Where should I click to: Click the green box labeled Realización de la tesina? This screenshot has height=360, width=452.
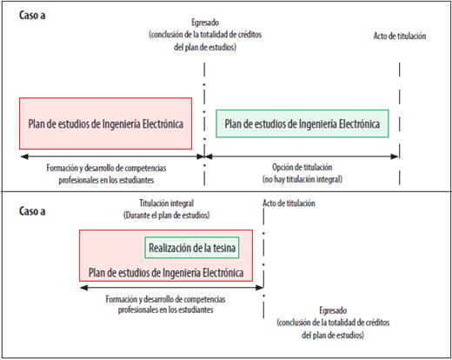192,248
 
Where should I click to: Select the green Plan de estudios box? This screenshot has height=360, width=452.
302,123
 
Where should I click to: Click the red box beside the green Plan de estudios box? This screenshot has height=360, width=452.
105,123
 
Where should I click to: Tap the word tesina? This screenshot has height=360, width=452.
224,248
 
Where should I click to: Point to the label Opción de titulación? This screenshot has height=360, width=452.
302,167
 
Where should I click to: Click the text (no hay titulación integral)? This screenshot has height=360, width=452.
302,179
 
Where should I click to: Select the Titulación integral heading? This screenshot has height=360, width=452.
166,203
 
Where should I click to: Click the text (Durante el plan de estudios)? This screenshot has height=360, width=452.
166,215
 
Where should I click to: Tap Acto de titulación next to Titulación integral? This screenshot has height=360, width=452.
289,203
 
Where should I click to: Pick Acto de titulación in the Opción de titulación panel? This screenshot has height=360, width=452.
400,36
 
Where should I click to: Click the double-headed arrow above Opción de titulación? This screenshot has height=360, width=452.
302,157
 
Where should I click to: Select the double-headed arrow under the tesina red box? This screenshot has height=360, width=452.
171,288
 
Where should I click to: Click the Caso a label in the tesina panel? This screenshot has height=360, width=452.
32,211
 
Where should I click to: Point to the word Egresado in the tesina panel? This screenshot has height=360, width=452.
333,310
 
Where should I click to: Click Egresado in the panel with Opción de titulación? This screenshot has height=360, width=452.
205,23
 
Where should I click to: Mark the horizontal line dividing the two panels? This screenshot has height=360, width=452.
226,191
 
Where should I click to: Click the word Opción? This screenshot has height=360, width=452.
282,167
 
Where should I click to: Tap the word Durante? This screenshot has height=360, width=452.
137,215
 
